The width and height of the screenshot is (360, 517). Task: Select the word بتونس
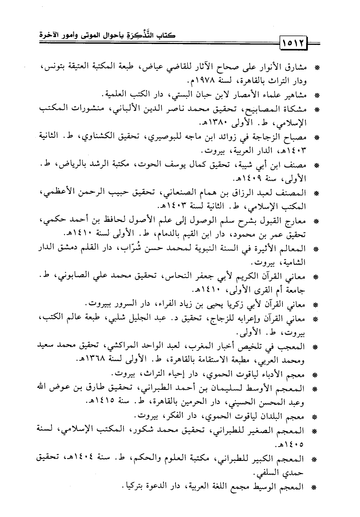pyautogui.click(x=53, y=68)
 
